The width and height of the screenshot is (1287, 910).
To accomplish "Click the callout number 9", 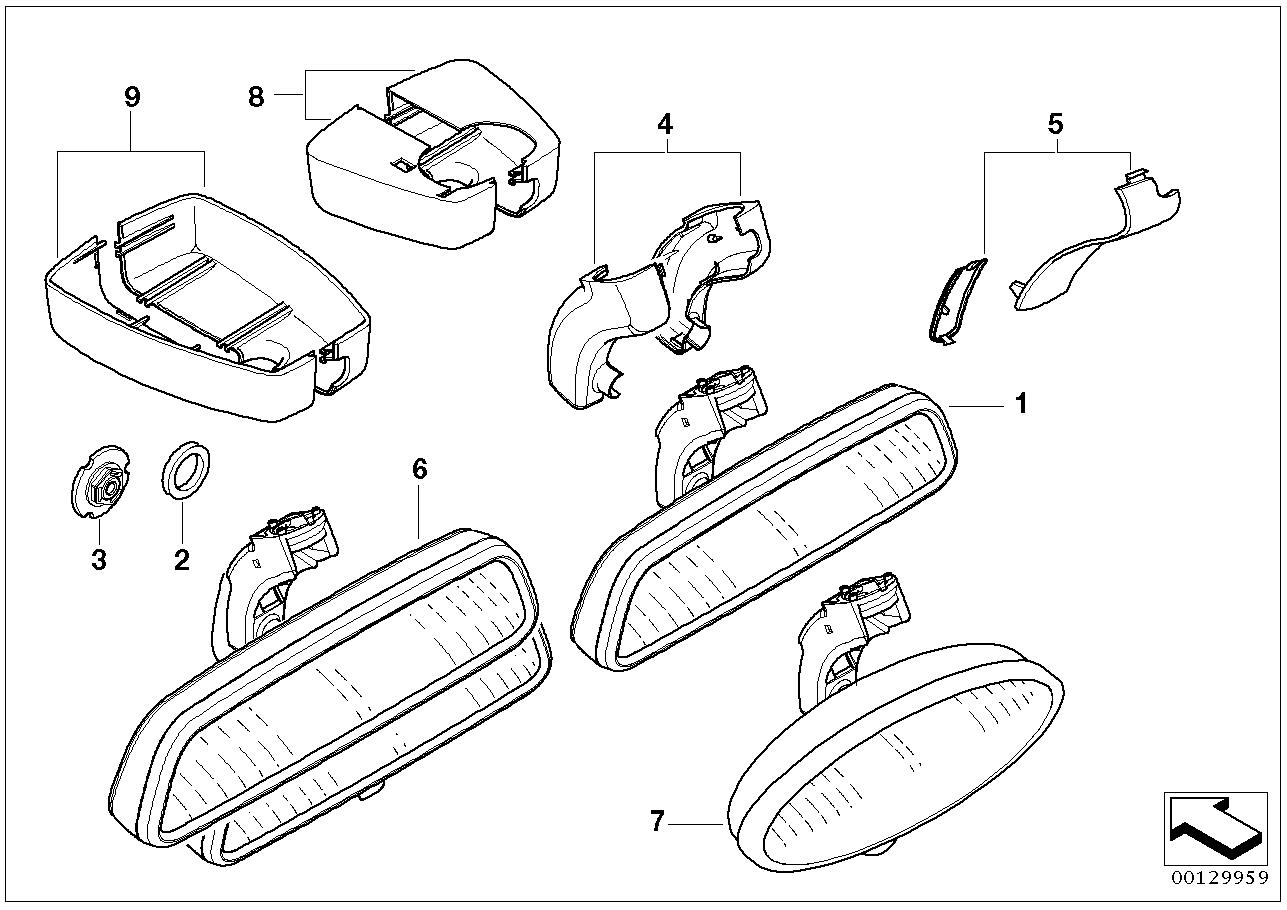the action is pyautogui.click(x=132, y=97).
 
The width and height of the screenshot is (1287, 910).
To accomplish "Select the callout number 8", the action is pyautogui.click(x=256, y=97).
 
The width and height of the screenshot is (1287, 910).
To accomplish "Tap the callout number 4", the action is pyautogui.click(x=665, y=124).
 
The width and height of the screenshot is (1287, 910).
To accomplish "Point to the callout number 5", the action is pyautogui.click(x=1055, y=124).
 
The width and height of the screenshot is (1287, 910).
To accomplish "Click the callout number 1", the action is pyautogui.click(x=1021, y=404).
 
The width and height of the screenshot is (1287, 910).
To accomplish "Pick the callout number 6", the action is pyautogui.click(x=420, y=469).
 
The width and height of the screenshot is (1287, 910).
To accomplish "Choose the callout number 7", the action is pyautogui.click(x=657, y=821).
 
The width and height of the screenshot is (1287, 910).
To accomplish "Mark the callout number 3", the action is pyautogui.click(x=99, y=559).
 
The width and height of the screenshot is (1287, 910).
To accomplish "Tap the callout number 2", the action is pyautogui.click(x=182, y=559).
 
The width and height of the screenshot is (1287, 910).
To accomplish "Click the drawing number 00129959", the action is pyautogui.click(x=1216, y=878).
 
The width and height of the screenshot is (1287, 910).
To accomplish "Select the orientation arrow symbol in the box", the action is pyautogui.click(x=1216, y=829).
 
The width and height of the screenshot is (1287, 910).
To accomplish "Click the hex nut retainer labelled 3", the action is pyautogui.click(x=101, y=481).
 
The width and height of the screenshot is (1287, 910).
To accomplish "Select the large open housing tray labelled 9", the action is pyautogui.click(x=208, y=307).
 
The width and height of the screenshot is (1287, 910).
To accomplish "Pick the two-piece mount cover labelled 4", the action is pyautogui.click(x=659, y=303).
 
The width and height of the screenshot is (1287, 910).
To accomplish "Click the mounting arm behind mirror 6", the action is pyautogui.click(x=276, y=580).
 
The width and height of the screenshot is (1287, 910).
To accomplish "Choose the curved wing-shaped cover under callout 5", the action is pyautogui.click(x=1095, y=240).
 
